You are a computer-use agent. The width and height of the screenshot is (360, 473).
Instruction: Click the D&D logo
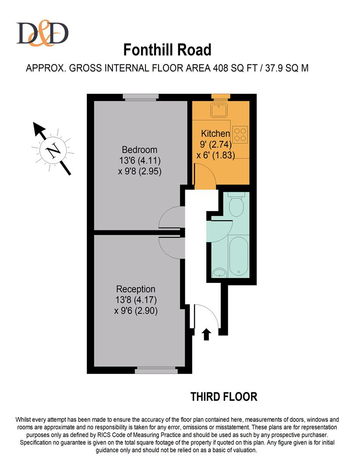pyautogui.click(x=42, y=33)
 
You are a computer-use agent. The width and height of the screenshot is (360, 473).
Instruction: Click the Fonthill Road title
pyautogui.click(x=167, y=50)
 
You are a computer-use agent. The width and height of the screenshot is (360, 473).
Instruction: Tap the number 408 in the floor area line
pyautogui.click(x=221, y=68)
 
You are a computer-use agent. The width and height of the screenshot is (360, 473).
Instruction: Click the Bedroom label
pyautogui.click(x=139, y=150)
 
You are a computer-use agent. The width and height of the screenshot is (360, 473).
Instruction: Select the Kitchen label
pyautogui.click(x=215, y=133)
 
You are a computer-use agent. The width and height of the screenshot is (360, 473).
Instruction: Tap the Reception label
pyautogui.click(x=136, y=289)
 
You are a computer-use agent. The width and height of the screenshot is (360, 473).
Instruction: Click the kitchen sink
pyautogui.click(x=219, y=110)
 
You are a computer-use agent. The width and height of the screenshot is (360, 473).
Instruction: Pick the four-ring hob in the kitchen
pyautogui.click(x=240, y=134)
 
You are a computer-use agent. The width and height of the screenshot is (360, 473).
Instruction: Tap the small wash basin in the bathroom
pyautogui.click(x=219, y=273)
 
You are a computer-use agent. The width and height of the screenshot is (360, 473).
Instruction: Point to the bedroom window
pyautogui.click(x=141, y=97)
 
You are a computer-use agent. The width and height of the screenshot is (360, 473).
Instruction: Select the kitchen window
pyautogui.click(x=221, y=97)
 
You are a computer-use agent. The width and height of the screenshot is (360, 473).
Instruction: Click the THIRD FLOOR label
pyautogui.click(x=224, y=397)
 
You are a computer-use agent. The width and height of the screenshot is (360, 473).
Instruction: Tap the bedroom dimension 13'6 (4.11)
pyautogui.click(x=140, y=160)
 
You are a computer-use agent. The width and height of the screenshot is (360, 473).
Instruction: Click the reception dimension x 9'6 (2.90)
pyautogui.click(x=136, y=311)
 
